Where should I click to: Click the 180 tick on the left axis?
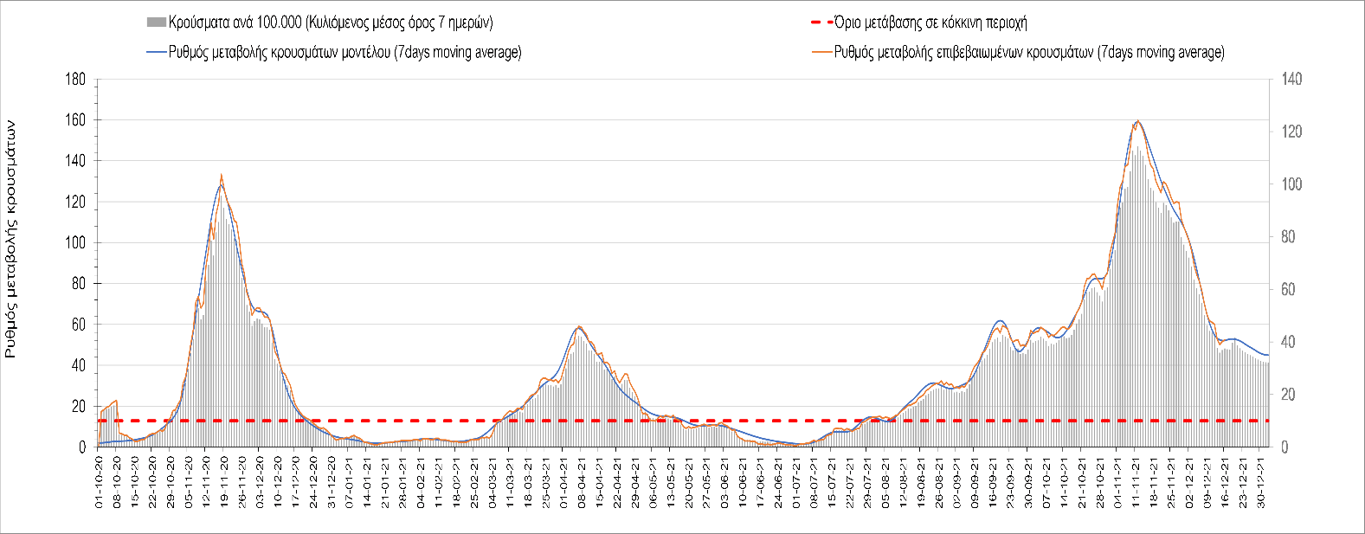click(76, 80)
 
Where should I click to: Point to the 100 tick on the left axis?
click(76, 243)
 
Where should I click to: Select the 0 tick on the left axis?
click(82, 447)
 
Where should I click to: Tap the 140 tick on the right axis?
click(1291, 80)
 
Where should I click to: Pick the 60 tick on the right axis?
click(1289, 290)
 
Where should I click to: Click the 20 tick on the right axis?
click(1289, 395)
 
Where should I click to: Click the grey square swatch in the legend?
click(156, 23)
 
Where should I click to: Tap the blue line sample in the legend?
click(156, 53)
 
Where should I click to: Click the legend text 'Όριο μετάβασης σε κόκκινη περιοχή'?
click(930, 23)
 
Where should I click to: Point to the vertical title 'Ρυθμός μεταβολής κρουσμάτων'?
click(11, 239)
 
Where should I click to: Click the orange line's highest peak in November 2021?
click(1137, 120)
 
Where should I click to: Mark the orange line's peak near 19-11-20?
click(222, 175)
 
